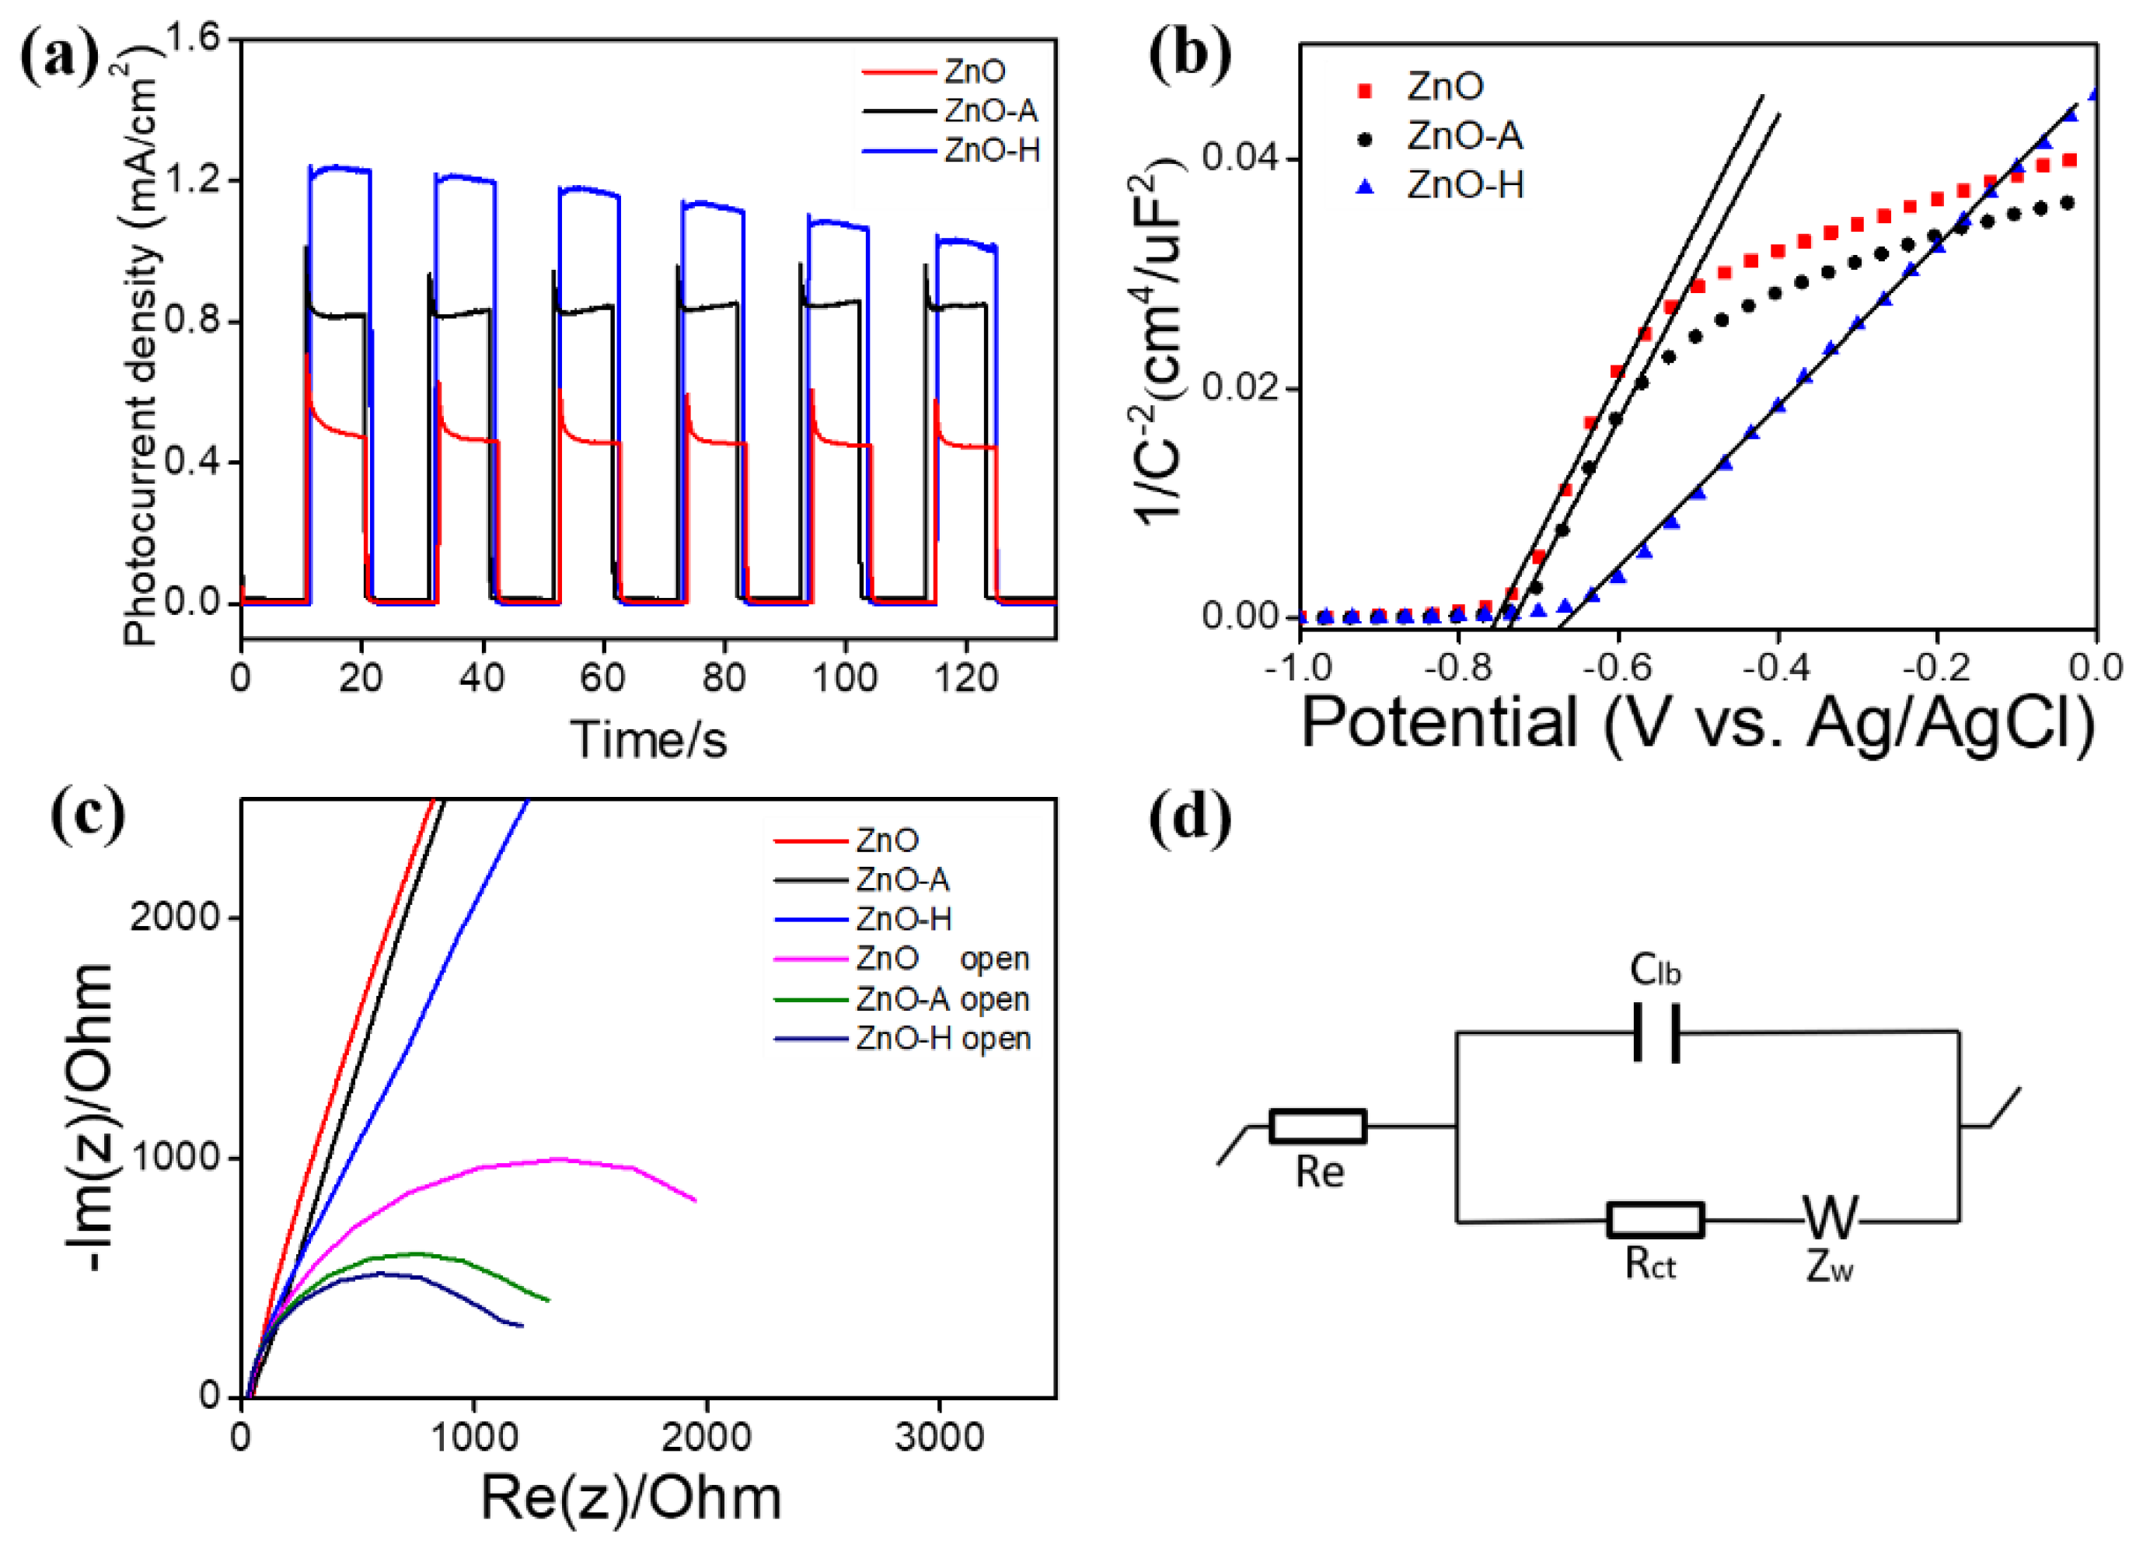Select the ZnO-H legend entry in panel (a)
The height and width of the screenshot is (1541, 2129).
coord(991,150)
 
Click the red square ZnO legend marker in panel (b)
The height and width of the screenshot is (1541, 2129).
coord(1366,90)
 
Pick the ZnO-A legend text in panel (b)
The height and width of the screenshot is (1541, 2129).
coord(1464,137)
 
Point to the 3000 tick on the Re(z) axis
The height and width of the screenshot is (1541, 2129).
coord(939,1438)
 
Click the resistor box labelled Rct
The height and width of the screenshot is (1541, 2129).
coord(1655,1220)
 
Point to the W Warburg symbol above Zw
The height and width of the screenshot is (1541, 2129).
coord(1830,1218)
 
